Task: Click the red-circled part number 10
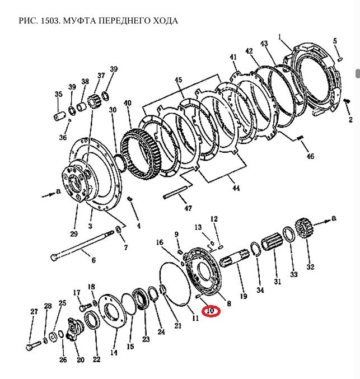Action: click(x=211, y=310)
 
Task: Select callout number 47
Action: click(x=188, y=208)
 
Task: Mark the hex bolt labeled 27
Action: click(x=31, y=345)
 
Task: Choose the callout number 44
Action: click(x=236, y=188)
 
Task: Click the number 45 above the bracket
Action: click(x=178, y=79)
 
